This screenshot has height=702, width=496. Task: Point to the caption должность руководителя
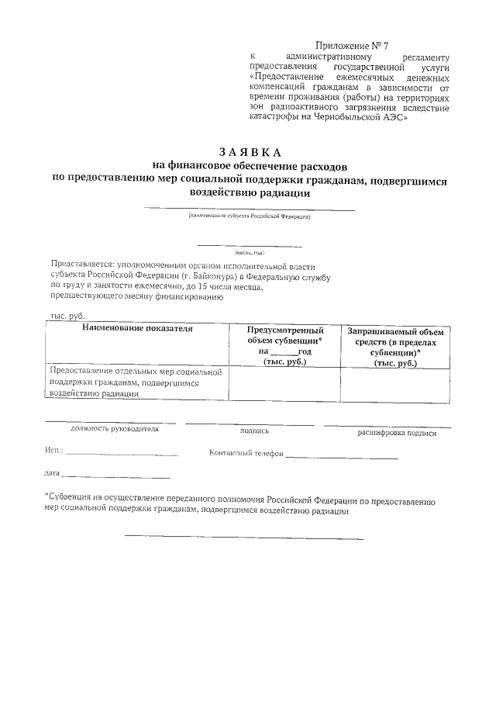[x=114, y=428]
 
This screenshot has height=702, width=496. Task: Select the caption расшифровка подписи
[x=396, y=433]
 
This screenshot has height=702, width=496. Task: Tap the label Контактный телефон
[x=246, y=453]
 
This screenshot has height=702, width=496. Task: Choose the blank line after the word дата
[x=115, y=475]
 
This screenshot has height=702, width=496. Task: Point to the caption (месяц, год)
[x=249, y=253]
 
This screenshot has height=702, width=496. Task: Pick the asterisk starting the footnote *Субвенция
[x=46, y=496]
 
